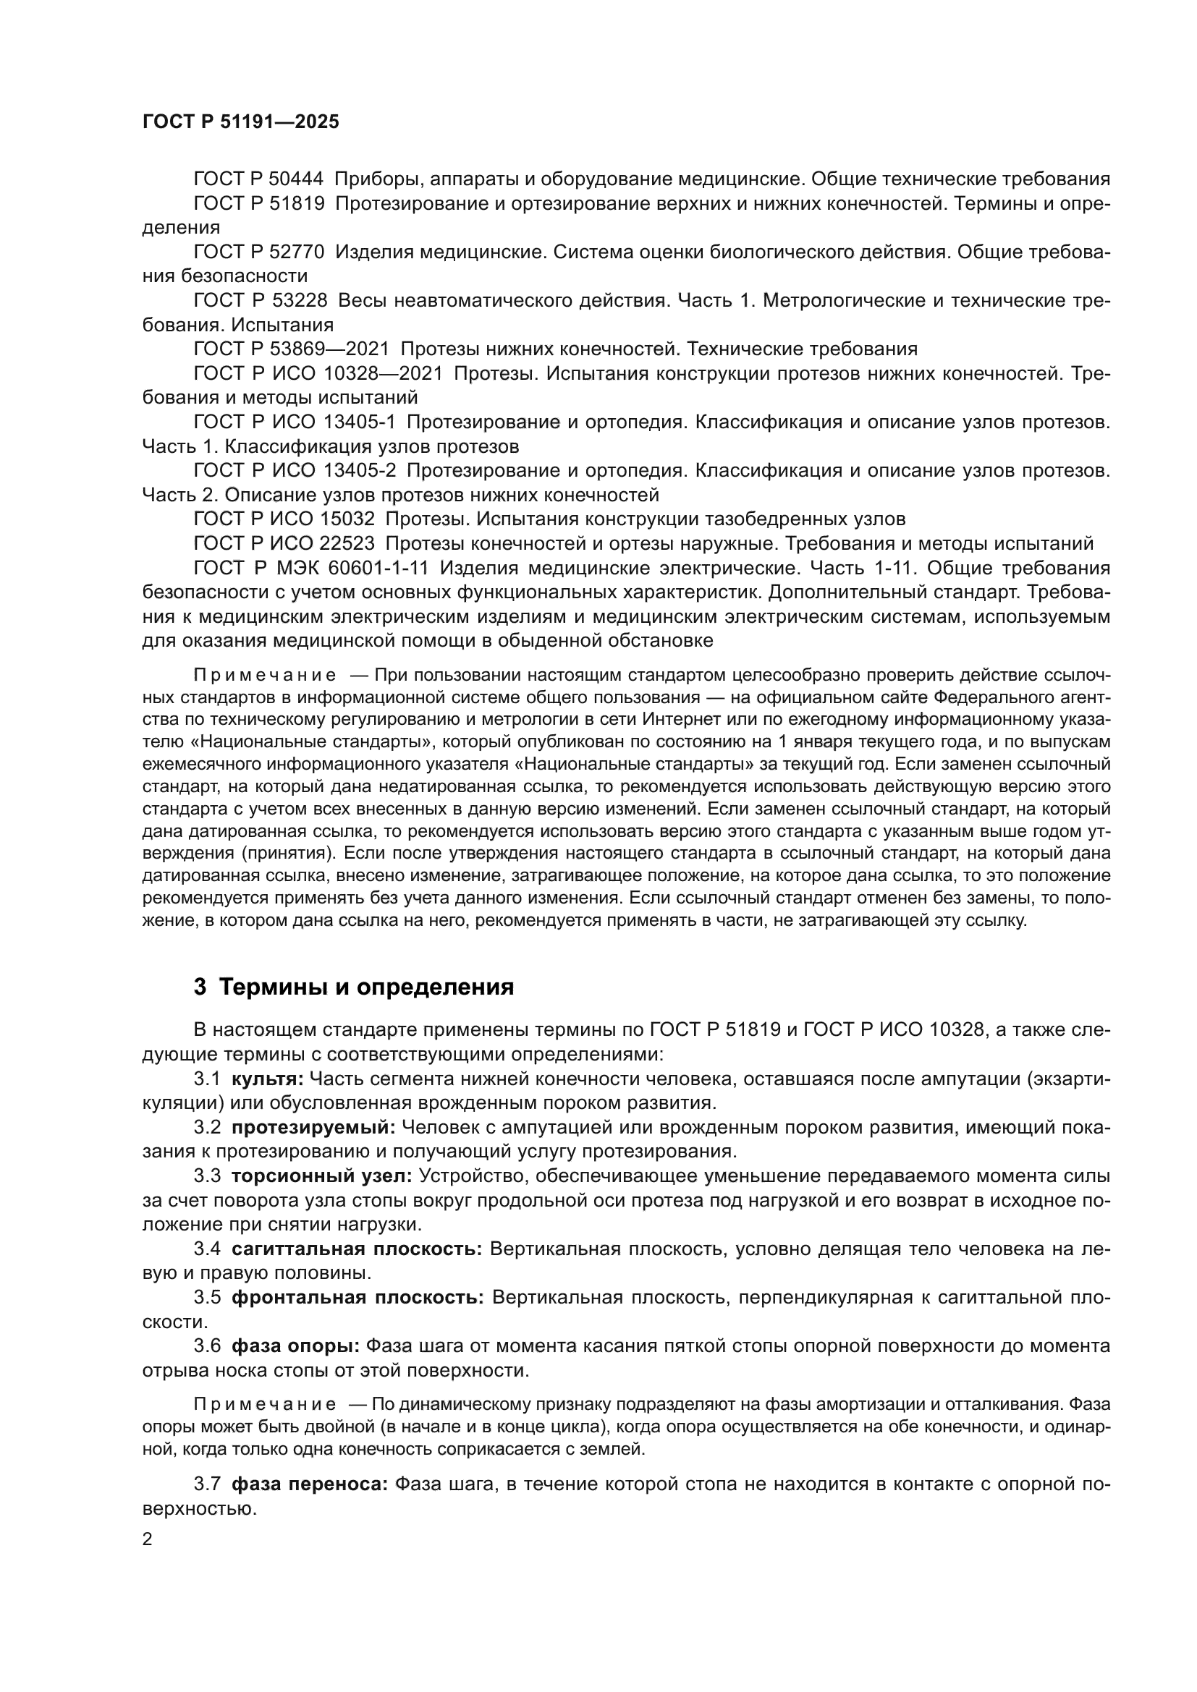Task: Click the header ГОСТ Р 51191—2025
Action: click(x=240, y=122)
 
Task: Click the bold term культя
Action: click(x=267, y=1079)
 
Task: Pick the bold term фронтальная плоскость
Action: click(x=358, y=1298)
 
